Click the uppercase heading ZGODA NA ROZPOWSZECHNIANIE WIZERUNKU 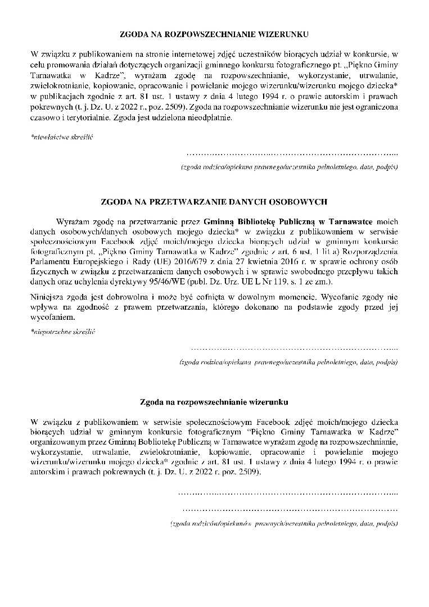click(214, 34)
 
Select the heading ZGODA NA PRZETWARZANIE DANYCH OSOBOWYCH click(214, 201)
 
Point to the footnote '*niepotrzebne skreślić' click(64, 332)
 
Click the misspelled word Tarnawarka click(346, 430)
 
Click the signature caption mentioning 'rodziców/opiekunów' click(285, 523)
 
